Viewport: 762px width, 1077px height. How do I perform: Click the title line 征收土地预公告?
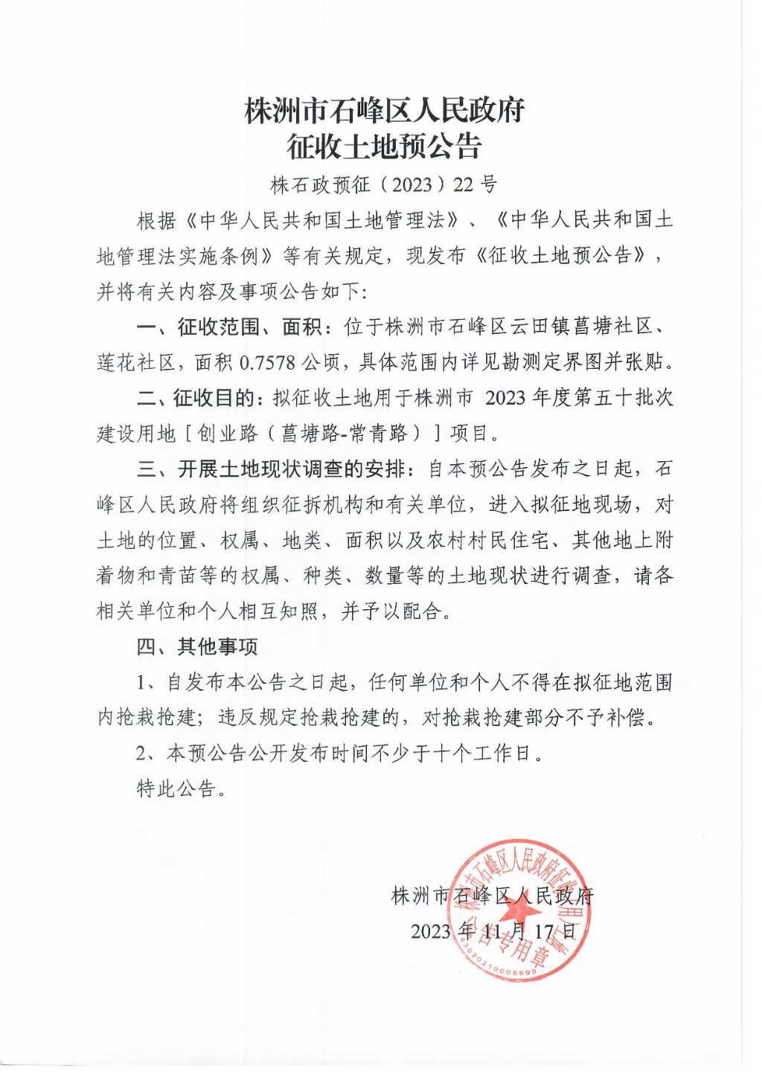(385, 147)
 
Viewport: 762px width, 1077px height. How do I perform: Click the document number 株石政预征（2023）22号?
(383, 185)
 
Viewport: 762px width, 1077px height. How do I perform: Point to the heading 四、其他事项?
(197, 647)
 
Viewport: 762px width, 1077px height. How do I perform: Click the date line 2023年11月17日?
(493, 932)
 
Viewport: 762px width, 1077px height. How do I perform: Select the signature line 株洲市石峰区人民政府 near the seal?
(492, 896)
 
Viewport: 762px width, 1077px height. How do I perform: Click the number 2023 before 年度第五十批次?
(505, 398)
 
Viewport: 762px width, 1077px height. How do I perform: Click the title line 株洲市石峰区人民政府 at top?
(385, 111)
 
